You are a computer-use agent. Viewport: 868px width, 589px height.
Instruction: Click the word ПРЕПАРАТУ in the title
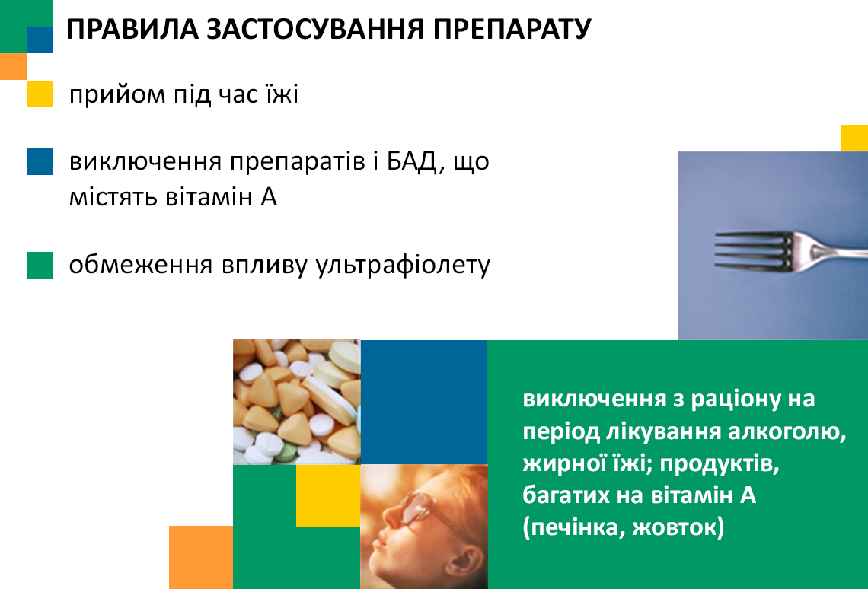[x=512, y=30]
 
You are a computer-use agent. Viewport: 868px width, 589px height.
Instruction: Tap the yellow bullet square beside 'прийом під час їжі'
[x=40, y=94]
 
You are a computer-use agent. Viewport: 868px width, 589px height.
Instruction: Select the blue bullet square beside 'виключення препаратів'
[x=40, y=161]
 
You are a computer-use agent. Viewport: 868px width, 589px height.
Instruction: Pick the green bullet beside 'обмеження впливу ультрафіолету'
[x=40, y=265]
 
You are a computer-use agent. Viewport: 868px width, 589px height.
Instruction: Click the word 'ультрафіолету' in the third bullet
[x=403, y=265]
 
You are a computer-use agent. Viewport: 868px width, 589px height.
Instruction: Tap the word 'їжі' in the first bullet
[x=284, y=94]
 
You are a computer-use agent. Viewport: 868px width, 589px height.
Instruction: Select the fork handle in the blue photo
[x=836, y=252]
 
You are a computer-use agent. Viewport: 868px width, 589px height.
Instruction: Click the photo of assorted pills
[x=297, y=402]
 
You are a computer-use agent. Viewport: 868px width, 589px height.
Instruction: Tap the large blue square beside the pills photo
[x=424, y=402]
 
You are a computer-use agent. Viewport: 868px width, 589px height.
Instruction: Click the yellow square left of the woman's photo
[x=328, y=495]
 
